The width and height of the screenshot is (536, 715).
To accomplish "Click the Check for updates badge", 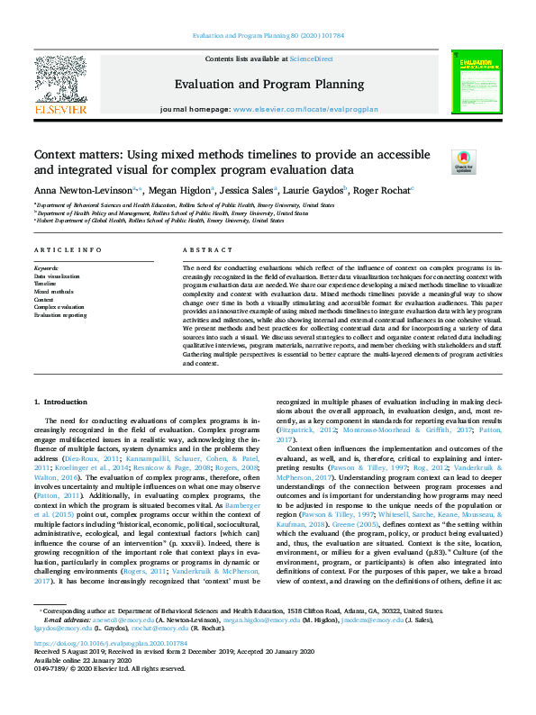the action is [463, 161].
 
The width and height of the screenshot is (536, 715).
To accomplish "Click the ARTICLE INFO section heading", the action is [68, 249].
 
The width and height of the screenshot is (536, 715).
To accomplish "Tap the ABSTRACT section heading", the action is [202, 249].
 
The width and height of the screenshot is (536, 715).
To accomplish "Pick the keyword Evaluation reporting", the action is [60, 316].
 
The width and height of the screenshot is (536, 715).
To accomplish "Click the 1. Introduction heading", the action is [62, 400].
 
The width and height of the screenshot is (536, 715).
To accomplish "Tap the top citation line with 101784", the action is [268, 37].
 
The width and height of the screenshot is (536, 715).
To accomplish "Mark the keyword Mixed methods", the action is [53, 292].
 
